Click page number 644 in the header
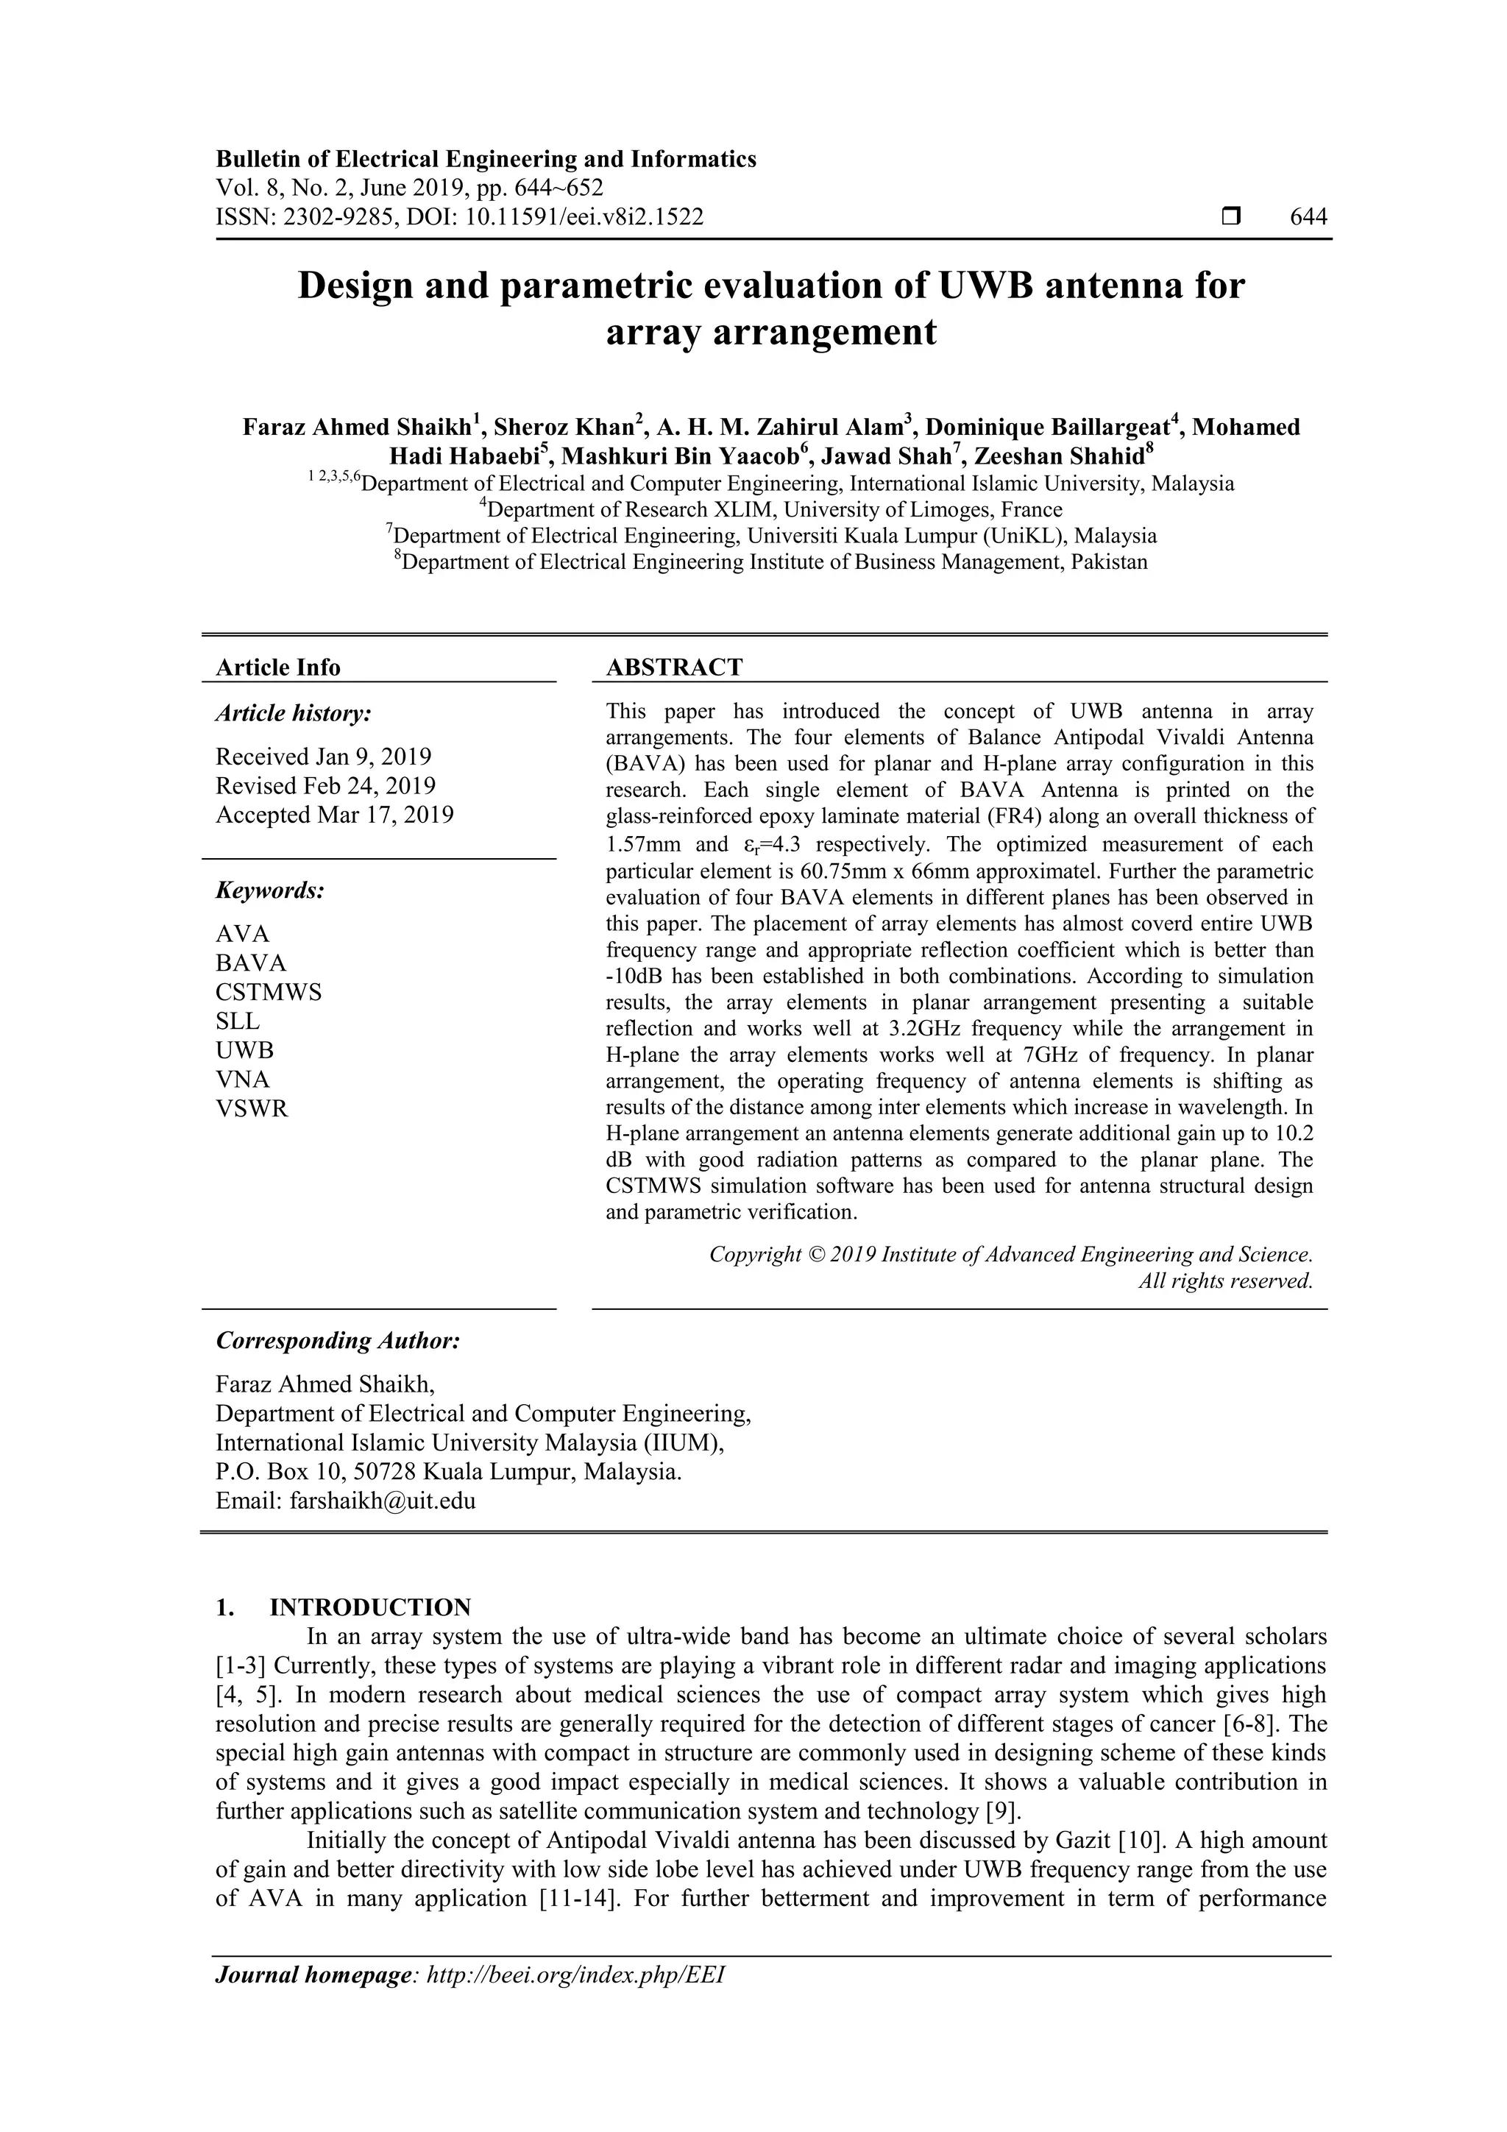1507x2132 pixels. (1308, 217)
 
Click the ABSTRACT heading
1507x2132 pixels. (674, 667)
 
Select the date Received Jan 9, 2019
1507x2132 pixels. (323, 756)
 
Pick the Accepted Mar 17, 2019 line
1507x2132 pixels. (334, 815)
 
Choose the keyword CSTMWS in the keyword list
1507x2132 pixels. (269, 992)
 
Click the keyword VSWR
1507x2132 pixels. (252, 1109)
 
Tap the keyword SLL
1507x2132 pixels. (238, 1021)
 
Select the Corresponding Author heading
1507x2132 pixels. (338, 1341)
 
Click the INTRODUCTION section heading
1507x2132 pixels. (369, 1607)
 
